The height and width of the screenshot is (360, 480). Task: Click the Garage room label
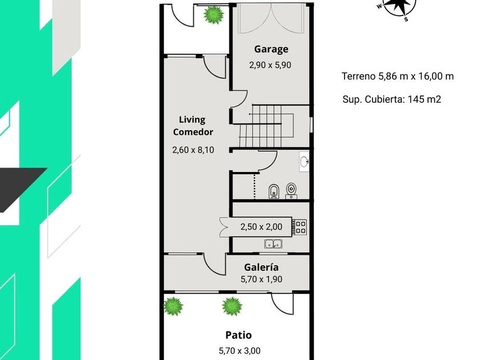point(271,49)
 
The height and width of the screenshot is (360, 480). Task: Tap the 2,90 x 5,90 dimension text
point(270,65)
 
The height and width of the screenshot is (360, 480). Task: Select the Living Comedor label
point(193,126)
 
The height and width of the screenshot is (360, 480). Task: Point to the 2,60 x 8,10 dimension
point(193,150)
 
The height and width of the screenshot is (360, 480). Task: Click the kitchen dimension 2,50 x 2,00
point(262,227)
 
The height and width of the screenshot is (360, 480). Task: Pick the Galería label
point(262,267)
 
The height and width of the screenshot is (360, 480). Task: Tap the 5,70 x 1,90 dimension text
point(262,279)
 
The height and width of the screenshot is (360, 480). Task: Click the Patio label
point(238,335)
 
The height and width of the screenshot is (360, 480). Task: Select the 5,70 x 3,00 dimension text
point(239,351)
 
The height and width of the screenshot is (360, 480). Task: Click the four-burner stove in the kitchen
point(299,227)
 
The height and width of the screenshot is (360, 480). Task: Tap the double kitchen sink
point(273,244)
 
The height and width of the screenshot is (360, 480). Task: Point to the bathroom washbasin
point(304,162)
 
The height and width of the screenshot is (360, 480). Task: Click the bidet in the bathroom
point(273,191)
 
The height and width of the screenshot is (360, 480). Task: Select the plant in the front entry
point(214,15)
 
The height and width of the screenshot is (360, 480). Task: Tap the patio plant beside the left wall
point(173,306)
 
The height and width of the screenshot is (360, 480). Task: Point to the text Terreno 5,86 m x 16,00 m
point(398,76)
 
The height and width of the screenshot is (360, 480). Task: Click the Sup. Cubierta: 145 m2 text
point(392,99)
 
